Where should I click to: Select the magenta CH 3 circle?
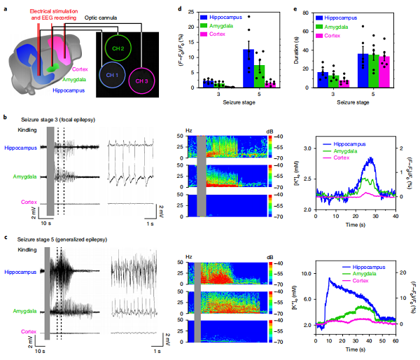[142, 81]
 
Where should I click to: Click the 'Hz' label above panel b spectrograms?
[190, 131]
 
